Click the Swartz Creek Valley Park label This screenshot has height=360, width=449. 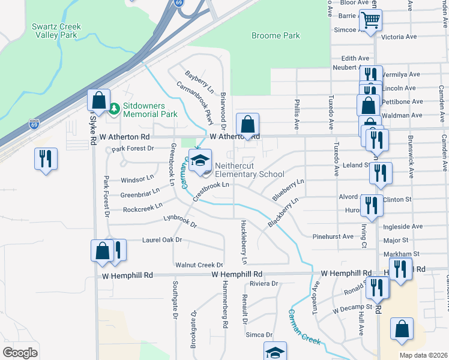[x=56, y=31]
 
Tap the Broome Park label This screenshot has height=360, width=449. [x=276, y=36]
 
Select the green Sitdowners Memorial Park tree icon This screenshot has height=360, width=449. [x=114, y=109]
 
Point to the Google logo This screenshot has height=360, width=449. [x=20, y=353]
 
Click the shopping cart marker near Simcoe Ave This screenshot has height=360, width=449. [x=370, y=21]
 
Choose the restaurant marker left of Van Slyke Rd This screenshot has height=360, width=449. [x=45, y=159]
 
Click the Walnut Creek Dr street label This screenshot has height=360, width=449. [x=199, y=265]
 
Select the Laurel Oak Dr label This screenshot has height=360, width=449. [x=161, y=240]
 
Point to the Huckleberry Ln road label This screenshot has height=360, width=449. [x=244, y=242]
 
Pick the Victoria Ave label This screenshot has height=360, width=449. [x=399, y=37]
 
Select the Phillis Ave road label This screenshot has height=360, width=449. [x=297, y=115]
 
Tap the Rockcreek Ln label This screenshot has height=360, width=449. [x=142, y=208]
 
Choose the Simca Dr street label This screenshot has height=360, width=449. [x=261, y=335]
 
